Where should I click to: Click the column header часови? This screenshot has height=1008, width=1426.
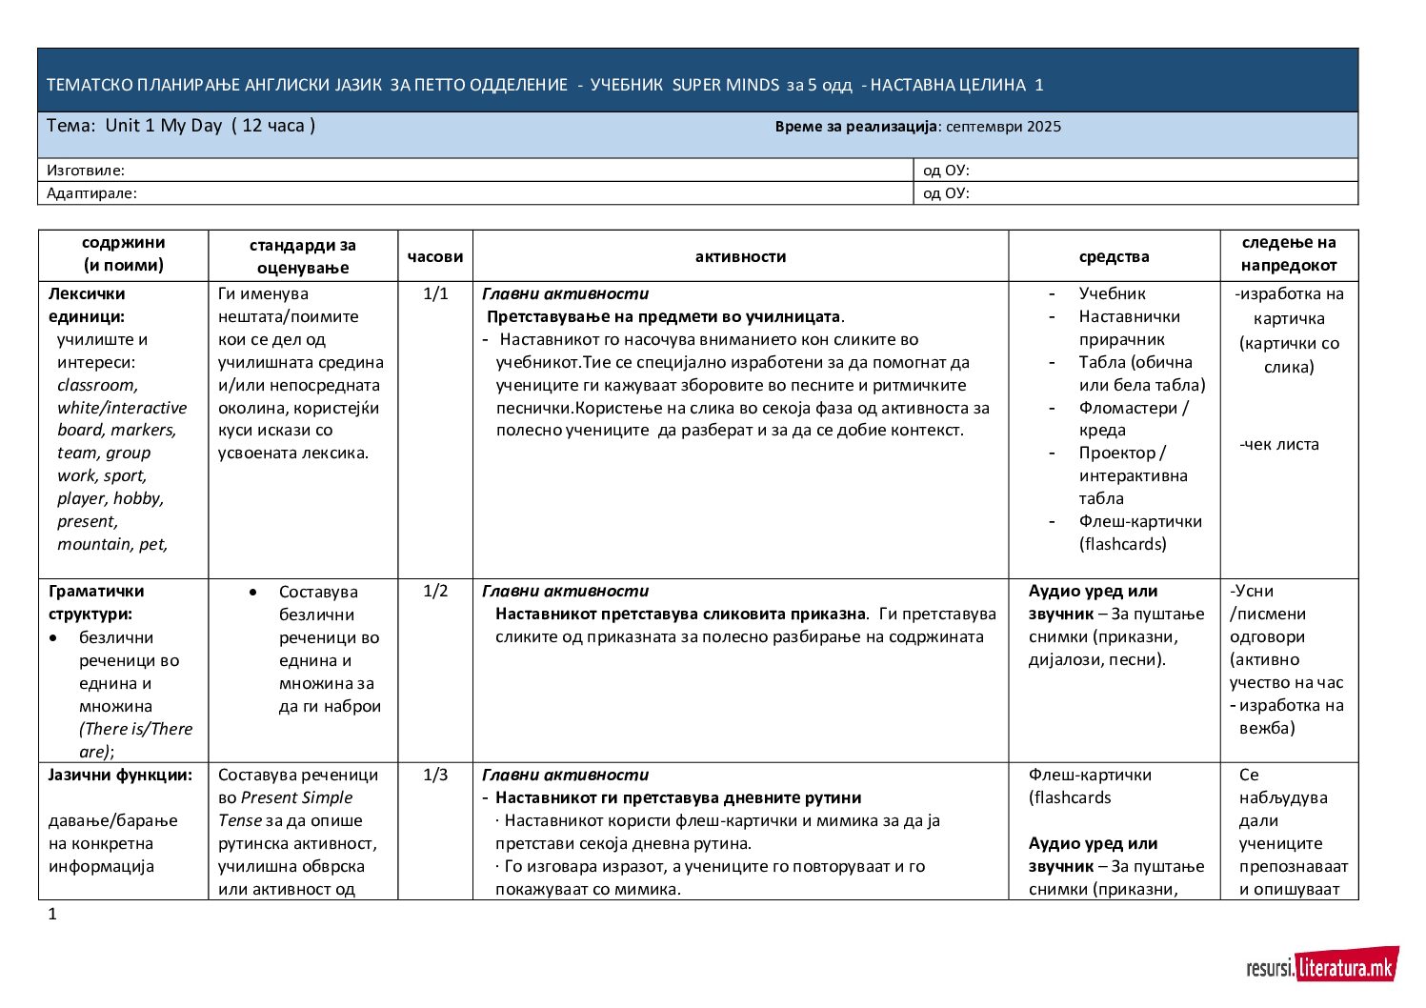[435, 256]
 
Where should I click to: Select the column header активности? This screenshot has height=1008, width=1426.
[740, 256]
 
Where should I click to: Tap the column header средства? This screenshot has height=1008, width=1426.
[1114, 256]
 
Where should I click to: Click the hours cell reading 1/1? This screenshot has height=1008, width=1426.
[435, 293]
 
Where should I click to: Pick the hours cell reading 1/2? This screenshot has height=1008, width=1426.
[435, 591]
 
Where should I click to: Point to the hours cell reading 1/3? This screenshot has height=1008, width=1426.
[435, 775]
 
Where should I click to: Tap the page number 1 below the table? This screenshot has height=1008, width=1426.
[52, 915]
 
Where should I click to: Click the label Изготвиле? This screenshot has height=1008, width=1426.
[86, 171]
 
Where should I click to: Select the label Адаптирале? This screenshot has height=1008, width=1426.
[91, 193]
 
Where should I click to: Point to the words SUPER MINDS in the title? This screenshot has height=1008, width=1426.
[725, 85]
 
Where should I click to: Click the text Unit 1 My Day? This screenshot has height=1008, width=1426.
[164, 126]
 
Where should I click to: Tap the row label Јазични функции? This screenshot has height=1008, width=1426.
[120, 775]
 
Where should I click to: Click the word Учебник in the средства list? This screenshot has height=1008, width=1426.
[1112, 293]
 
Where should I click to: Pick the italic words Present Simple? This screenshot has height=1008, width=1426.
[296, 797]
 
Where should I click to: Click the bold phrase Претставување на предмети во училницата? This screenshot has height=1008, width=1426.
[664, 316]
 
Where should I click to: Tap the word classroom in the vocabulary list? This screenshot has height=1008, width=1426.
[96, 385]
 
